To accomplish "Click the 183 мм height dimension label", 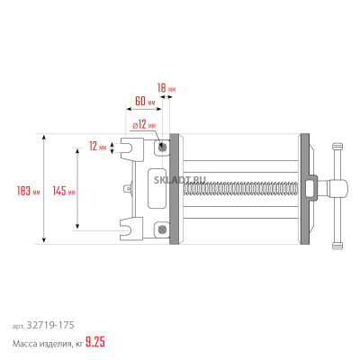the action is (x=29, y=191).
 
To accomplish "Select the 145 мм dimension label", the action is (x=64, y=191).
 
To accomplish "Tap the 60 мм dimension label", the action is (x=145, y=101).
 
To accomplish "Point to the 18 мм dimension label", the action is (x=166, y=88).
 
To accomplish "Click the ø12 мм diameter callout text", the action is (x=144, y=124).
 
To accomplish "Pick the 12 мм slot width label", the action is (x=98, y=147).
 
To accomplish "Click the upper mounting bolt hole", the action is (x=162, y=147).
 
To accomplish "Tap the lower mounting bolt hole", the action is (x=162, y=229).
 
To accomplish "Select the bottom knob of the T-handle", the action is (x=337, y=246).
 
